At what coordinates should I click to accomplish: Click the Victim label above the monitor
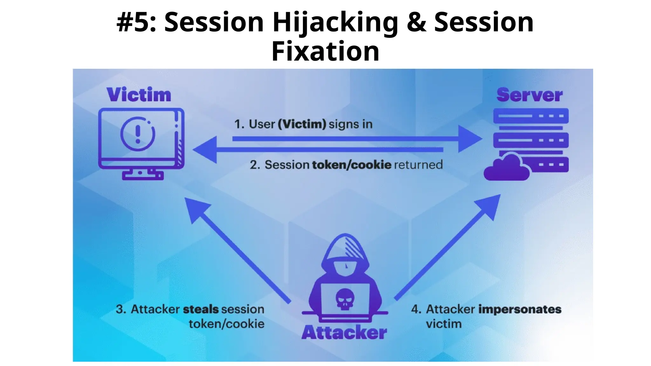click(x=139, y=95)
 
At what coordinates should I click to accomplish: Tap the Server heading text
click(x=529, y=95)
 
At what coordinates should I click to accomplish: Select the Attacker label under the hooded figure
click(x=344, y=333)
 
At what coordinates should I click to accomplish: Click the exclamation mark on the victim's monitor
click(x=138, y=134)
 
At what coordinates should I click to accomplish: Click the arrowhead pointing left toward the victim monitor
click(x=206, y=150)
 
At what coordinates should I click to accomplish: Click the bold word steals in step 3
click(x=201, y=309)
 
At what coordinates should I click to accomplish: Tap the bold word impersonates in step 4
click(x=520, y=309)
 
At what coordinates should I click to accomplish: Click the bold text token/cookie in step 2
click(x=352, y=165)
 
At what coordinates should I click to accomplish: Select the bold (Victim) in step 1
click(x=302, y=124)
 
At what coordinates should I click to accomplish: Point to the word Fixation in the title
click(x=325, y=51)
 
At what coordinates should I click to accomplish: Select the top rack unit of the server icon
click(x=531, y=116)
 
